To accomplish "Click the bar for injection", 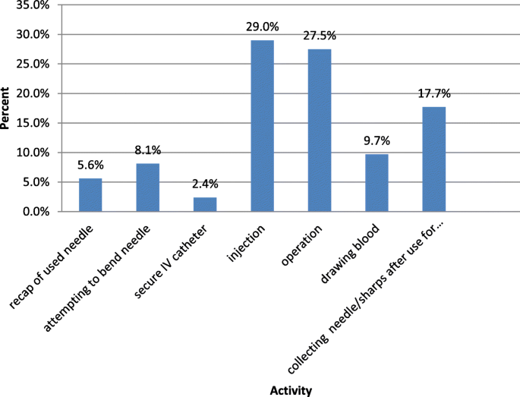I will [x=262, y=126].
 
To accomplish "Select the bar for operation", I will [x=319, y=131].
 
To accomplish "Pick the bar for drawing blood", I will [x=377, y=183].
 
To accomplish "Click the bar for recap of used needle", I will [x=90, y=195].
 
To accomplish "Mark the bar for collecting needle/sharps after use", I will [x=433, y=159].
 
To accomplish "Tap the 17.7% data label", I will [x=433, y=94].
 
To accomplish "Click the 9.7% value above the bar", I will [x=377, y=141].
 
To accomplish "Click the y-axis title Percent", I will [x=7, y=109].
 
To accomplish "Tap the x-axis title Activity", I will [x=291, y=390].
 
